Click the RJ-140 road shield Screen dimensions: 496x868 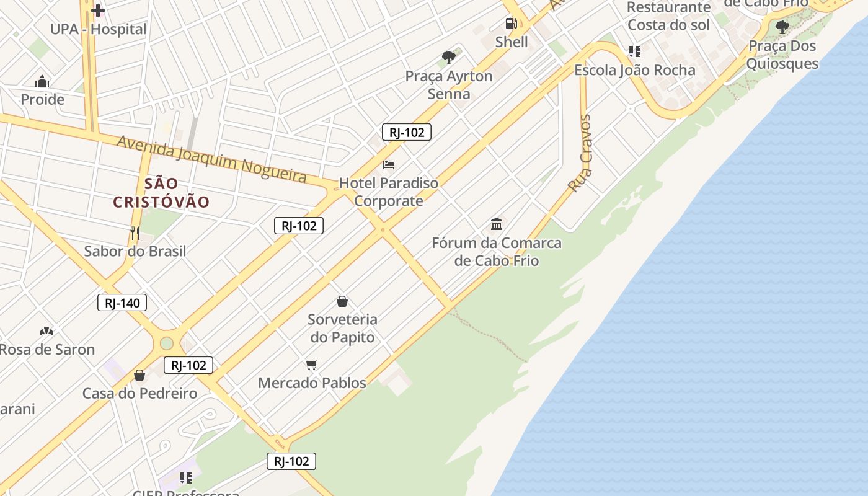(122, 303)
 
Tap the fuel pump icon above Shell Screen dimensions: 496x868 (511, 24)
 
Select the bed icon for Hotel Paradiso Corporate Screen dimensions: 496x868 (389, 165)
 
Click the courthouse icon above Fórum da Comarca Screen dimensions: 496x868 (497, 224)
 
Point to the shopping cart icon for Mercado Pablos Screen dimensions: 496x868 (312, 365)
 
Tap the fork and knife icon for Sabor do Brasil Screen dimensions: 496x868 (135, 233)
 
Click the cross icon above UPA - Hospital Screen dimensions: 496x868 (98, 11)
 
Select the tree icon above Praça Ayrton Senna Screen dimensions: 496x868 (449, 58)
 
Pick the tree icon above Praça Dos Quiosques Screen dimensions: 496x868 (782, 27)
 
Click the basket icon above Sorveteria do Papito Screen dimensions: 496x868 (342, 301)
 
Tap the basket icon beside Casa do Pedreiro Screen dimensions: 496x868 (139, 375)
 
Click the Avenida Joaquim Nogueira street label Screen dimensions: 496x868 (211, 159)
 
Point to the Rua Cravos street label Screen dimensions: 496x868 (580, 153)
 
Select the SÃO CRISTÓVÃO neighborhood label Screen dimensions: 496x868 (161, 193)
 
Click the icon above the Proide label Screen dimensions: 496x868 (42, 81)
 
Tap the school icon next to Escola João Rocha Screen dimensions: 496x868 (634, 51)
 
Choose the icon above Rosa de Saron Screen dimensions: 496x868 (46, 331)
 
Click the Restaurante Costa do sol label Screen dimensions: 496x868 (668, 16)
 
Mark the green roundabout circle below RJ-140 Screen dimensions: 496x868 (166, 343)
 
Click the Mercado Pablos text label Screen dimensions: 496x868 (312, 383)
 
